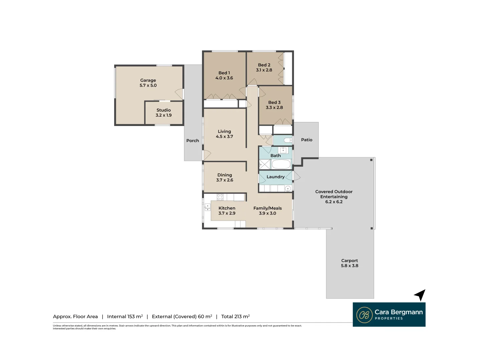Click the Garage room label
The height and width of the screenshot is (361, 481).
pyautogui.click(x=148, y=80)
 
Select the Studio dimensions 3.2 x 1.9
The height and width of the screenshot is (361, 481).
pyautogui.click(x=163, y=115)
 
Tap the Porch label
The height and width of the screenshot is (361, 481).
pyautogui.click(x=193, y=140)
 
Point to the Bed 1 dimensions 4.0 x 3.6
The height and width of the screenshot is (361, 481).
pyautogui.click(x=224, y=78)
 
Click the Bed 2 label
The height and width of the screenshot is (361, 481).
pyautogui.click(x=264, y=65)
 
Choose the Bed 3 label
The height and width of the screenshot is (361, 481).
pyautogui.click(x=274, y=102)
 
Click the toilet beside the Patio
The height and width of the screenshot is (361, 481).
pyautogui.click(x=288, y=140)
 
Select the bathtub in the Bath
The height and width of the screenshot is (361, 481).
pyautogui.click(x=281, y=164)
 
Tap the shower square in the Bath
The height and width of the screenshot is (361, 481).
pyautogui.click(x=265, y=164)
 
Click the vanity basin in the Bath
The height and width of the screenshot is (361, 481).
pyautogui.click(x=283, y=150)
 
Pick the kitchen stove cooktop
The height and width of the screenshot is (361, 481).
pyautogui.click(x=220, y=197)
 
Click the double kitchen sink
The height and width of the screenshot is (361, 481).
pyautogui.click(x=207, y=207)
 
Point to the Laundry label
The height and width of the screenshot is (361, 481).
pyautogui.click(x=276, y=177)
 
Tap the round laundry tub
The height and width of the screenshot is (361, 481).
pyautogui.click(x=288, y=189)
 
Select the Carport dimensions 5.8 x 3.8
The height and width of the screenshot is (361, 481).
pyautogui.click(x=349, y=265)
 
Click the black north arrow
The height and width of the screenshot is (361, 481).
pyautogui.click(x=420, y=295)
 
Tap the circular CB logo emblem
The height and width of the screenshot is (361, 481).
pyautogui.click(x=364, y=315)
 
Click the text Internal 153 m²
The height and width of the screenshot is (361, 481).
pyautogui.click(x=125, y=317)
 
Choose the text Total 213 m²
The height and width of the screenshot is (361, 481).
pyautogui.click(x=235, y=317)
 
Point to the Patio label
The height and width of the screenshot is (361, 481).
pyautogui.click(x=307, y=140)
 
